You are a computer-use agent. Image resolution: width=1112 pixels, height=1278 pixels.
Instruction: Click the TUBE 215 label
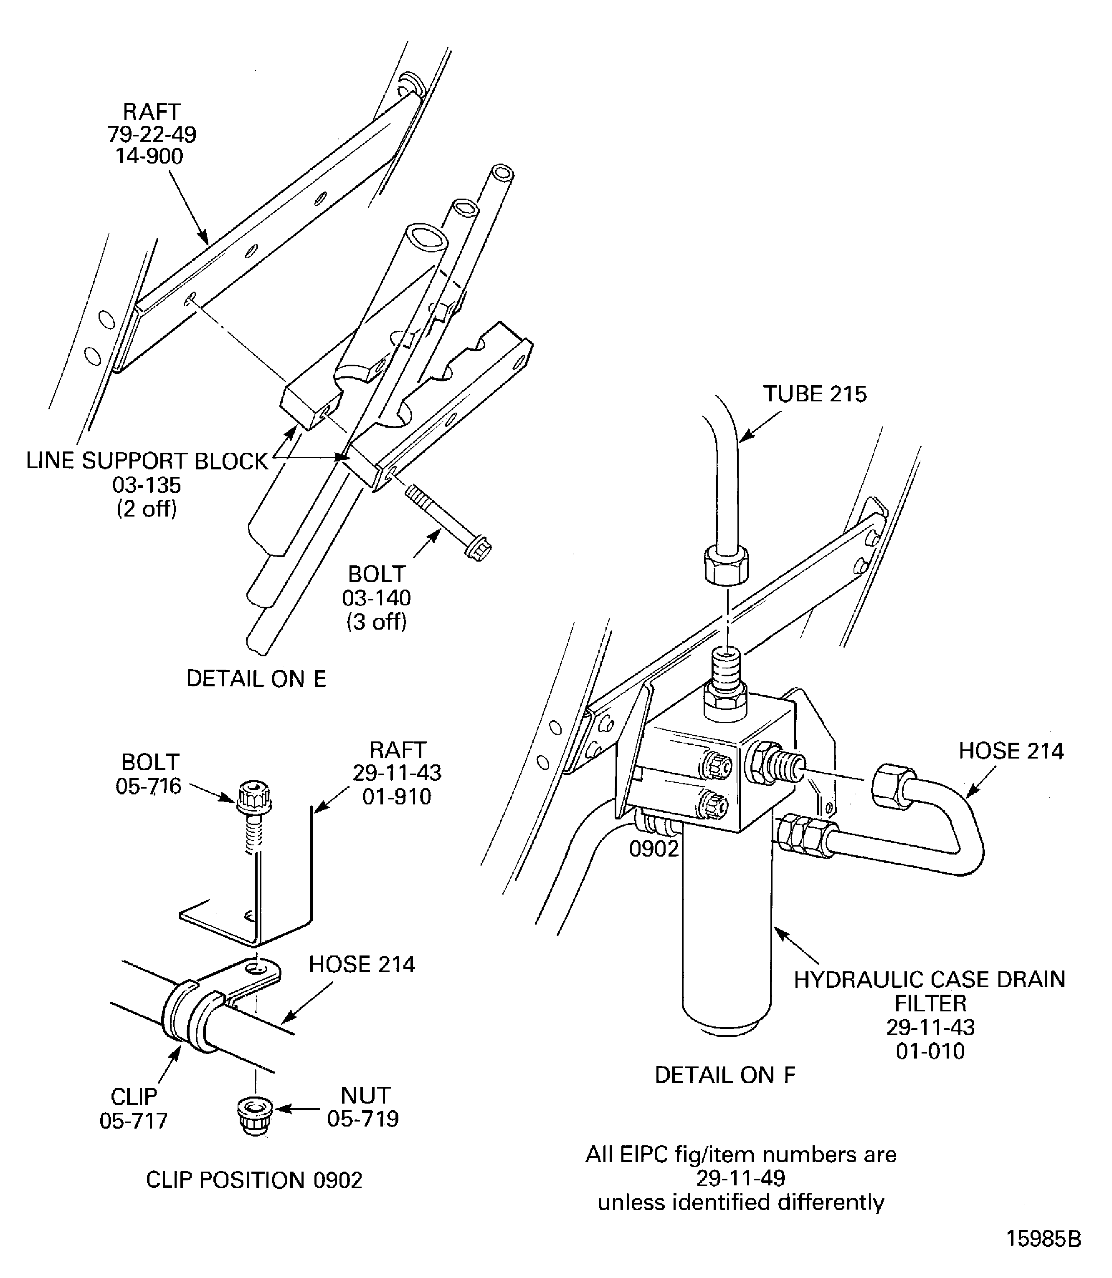814,394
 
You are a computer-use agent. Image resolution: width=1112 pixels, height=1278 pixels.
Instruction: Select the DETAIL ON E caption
256,679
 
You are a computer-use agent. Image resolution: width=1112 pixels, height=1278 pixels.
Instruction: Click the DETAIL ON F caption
725,1075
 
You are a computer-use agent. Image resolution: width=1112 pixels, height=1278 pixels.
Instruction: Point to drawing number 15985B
1043,1239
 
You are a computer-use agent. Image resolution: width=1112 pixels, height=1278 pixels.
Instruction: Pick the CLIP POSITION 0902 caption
254,1180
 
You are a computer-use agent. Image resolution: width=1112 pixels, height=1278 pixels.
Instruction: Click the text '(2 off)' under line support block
147,509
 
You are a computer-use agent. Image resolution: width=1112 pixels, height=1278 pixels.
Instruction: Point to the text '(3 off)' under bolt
376,621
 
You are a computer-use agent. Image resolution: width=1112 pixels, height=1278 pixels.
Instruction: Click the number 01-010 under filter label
930,1051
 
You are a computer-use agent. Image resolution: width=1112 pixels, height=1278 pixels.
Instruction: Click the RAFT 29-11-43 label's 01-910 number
397,796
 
